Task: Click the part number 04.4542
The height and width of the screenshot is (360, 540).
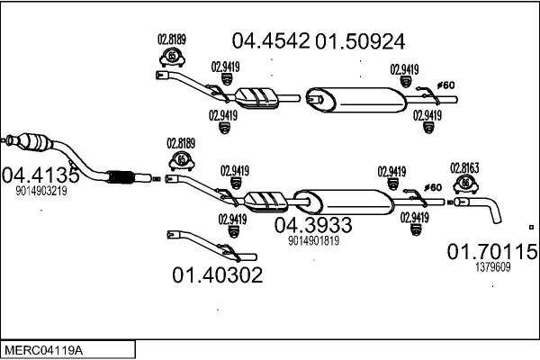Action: (271, 40)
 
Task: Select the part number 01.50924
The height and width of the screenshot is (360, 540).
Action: (360, 41)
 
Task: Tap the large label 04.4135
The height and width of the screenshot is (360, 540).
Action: (40, 175)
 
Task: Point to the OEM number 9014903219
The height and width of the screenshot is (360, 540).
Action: (41, 191)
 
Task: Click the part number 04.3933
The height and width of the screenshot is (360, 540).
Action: (313, 225)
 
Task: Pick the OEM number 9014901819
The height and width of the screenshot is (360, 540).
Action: (314, 240)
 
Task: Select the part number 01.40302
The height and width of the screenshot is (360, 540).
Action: (217, 274)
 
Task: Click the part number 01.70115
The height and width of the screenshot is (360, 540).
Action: (492, 251)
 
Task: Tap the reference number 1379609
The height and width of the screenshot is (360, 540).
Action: (493, 267)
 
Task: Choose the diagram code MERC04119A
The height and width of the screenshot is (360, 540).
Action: (44, 351)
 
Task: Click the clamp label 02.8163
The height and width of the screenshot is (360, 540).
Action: (464, 168)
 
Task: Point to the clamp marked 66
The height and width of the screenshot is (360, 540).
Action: (465, 184)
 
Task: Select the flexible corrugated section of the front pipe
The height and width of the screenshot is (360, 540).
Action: (121, 177)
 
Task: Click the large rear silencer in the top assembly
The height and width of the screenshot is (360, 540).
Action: (356, 100)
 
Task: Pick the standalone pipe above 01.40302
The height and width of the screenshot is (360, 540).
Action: (211, 246)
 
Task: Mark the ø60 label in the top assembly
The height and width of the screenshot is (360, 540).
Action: (446, 85)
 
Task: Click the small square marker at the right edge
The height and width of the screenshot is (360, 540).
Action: (531, 227)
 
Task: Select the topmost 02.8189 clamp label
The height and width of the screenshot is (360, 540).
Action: (172, 40)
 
